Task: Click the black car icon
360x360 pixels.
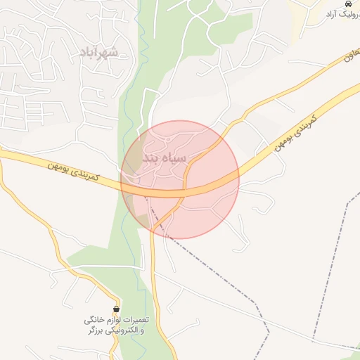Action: pos(349,4)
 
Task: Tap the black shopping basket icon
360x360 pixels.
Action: pos(116,309)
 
